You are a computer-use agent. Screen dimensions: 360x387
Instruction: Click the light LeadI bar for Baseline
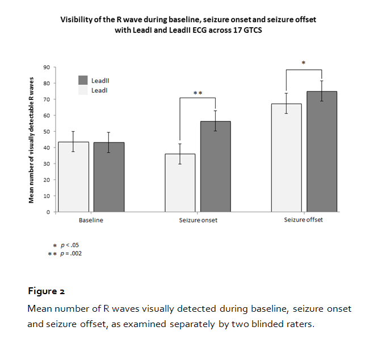point(73,177)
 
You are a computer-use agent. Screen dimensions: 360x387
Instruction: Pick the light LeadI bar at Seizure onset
point(180,183)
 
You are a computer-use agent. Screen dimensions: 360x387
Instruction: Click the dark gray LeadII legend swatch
point(83,81)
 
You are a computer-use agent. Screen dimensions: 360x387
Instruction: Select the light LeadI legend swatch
point(83,90)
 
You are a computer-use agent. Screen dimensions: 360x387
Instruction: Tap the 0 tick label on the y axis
point(48,212)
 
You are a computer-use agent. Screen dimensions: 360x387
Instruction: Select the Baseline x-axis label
point(91,220)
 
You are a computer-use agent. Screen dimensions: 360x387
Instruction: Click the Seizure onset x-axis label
point(197,220)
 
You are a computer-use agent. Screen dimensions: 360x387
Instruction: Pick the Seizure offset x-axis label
point(303,220)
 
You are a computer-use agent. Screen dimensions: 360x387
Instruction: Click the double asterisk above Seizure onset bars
point(197,93)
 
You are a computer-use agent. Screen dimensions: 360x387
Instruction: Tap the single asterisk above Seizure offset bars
point(304,63)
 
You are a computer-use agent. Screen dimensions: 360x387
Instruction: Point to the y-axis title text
point(32,140)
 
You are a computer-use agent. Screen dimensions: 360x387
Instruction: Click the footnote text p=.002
point(71,254)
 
